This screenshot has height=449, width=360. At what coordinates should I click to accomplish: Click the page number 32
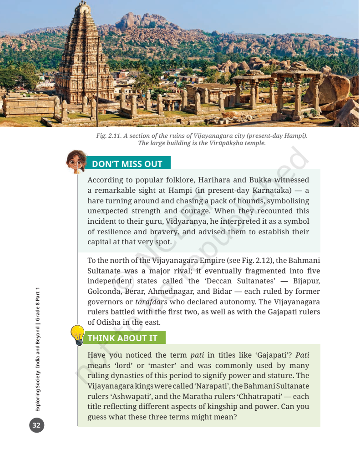pyautogui.click(x=36, y=426)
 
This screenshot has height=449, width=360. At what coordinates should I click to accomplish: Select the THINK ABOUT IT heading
pyautogui.click(x=122, y=338)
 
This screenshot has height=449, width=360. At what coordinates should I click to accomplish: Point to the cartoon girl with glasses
pyautogui.click(x=76, y=161)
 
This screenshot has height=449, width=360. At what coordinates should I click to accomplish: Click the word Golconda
pyautogui.click(x=104, y=292)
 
